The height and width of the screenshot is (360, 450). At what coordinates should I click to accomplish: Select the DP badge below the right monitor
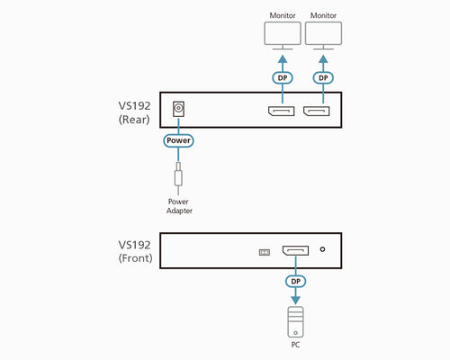(x=322, y=77)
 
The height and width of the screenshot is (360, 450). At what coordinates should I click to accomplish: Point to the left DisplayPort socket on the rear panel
(x=278, y=112)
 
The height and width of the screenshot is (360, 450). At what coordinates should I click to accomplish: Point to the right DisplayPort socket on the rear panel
(x=317, y=112)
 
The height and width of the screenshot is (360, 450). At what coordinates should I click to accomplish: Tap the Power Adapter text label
(x=179, y=206)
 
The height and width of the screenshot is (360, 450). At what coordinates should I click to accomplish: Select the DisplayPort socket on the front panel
(x=295, y=251)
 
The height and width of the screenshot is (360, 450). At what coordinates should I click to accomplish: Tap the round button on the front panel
(x=322, y=251)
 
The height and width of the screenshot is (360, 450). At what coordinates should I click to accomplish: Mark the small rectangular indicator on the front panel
(x=264, y=252)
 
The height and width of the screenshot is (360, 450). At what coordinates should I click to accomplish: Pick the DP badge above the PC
(x=295, y=281)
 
